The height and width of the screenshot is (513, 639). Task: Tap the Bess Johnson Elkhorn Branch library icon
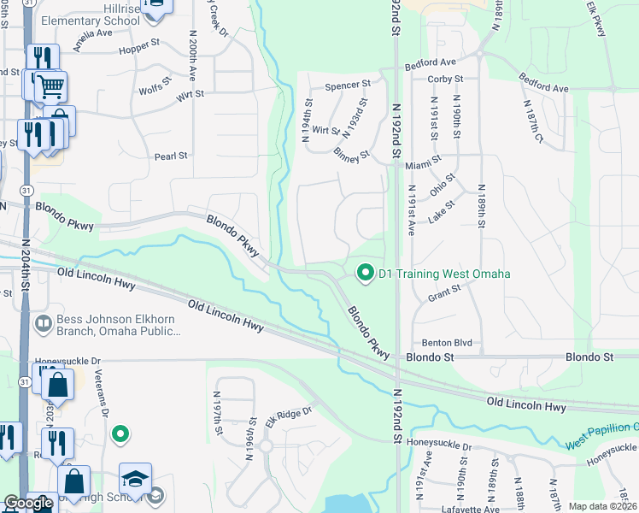coord(43,324)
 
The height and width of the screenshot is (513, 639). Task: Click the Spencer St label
coord(347,85)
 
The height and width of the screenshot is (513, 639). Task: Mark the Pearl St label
coord(170,156)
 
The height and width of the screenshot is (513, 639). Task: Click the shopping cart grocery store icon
coord(50,86)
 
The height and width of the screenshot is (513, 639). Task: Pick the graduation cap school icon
coord(135,478)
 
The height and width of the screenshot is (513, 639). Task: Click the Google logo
coord(28,503)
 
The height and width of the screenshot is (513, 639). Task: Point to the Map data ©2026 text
coord(602,506)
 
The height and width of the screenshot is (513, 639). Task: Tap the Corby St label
coord(444,79)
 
